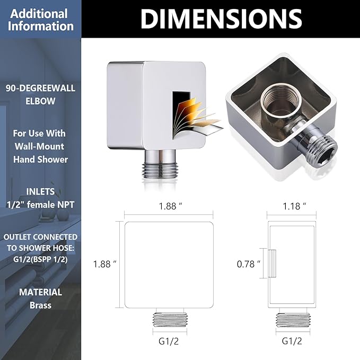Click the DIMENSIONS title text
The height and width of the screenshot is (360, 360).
click(221, 19)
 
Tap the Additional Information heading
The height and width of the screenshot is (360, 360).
click(40, 20)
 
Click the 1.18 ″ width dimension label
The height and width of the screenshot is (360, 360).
click(294, 206)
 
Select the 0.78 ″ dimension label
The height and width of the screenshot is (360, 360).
click(249, 264)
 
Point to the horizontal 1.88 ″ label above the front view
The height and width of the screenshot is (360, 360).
click(171, 206)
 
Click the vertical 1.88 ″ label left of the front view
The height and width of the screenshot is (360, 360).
click(104, 264)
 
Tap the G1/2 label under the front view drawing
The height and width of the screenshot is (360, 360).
click(169, 341)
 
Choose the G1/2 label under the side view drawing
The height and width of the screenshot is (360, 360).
click(292, 341)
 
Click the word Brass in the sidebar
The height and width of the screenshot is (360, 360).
click(40, 305)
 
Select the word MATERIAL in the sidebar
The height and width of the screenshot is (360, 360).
click(40, 292)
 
